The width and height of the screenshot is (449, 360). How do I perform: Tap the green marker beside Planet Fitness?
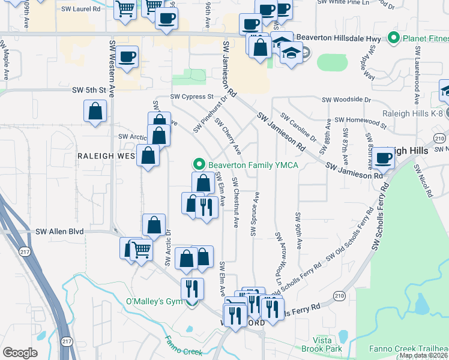[x=394, y=38]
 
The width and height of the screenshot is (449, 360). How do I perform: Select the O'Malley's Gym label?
[x=151, y=301]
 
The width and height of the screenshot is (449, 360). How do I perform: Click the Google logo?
[x=20, y=353]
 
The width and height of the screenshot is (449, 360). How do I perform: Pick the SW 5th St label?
[x=89, y=90]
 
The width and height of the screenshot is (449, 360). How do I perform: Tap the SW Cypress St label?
[x=192, y=96]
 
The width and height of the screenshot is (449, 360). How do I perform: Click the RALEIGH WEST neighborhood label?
[x=107, y=155]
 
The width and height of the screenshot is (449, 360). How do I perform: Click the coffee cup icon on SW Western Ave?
[x=127, y=58]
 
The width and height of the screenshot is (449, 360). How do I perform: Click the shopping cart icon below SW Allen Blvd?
[x=142, y=249]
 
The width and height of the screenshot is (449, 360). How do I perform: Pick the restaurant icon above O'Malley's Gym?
[x=192, y=289]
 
